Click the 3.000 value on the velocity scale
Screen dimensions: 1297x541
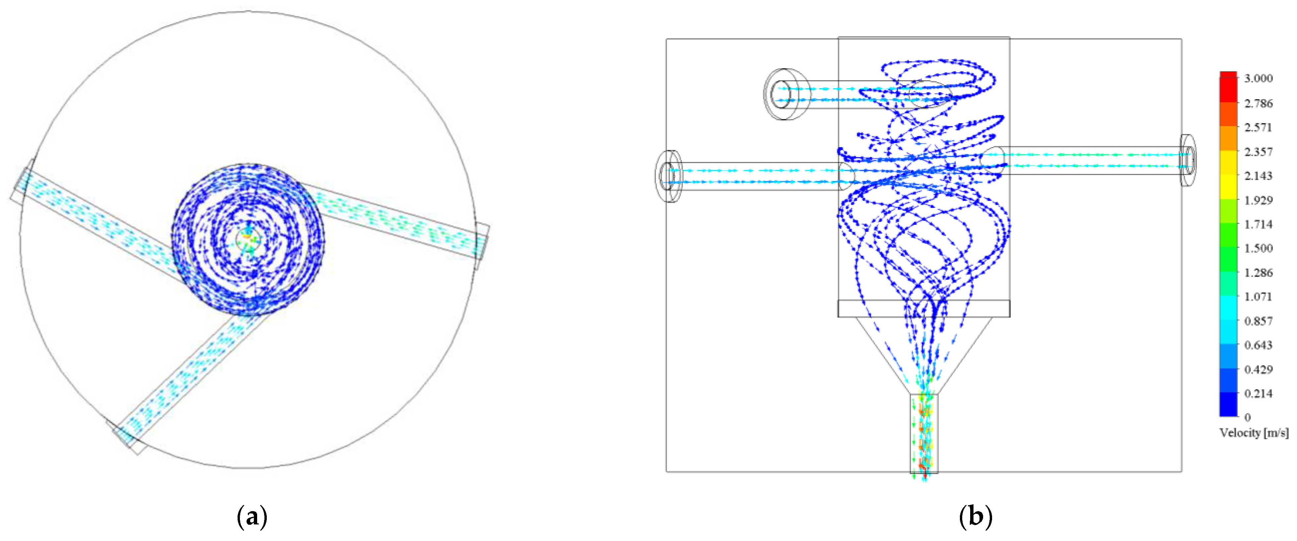tap(1258, 79)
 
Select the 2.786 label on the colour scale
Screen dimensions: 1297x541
tap(1258, 103)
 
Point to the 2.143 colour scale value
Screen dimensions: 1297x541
tap(1258, 176)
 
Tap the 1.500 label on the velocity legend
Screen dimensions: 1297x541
tap(1258, 248)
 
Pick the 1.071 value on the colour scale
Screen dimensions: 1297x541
tap(1258, 297)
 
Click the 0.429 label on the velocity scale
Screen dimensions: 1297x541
tap(1258, 370)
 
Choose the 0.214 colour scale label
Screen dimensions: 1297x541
tap(1258, 393)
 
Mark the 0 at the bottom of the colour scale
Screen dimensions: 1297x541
tap(1247, 417)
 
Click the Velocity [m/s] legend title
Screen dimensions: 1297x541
tap(1254, 433)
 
